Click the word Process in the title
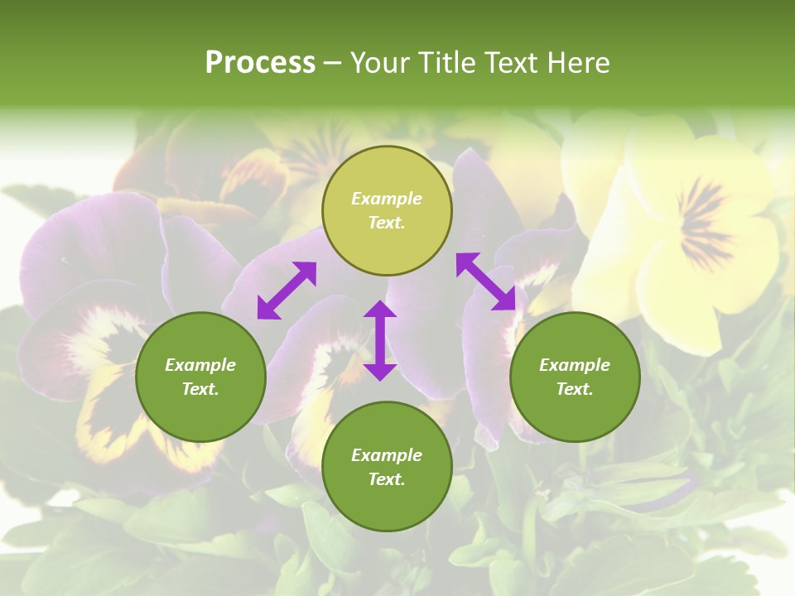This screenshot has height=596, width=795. click(x=260, y=63)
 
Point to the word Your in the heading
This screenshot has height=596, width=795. click(x=380, y=63)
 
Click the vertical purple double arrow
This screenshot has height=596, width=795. click(x=380, y=340)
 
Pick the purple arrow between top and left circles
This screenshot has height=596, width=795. click(x=287, y=291)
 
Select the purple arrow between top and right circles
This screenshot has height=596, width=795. click(x=486, y=281)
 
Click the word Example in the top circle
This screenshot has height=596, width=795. click(x=387, y=199)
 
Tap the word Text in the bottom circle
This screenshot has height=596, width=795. click(x=387, y=479)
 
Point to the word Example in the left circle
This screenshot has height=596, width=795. click(x=200, y=365)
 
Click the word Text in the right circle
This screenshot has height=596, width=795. click(x=575, y=389)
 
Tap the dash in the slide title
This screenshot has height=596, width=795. click(x=333, y=63)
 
